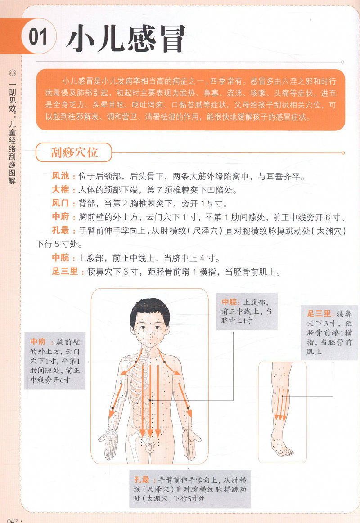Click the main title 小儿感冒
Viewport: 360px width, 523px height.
coord(126,39)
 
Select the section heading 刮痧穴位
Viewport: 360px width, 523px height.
coord(74,153)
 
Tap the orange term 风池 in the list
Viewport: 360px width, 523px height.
coord(61,176)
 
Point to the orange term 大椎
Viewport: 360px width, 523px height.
coord(61,190)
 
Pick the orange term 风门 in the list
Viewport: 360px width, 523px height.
coord(61,203)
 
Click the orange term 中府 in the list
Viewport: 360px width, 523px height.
coord(61,217)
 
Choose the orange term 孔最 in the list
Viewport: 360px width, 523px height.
coord(61,230)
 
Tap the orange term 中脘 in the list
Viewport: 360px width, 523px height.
coord(61,258)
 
